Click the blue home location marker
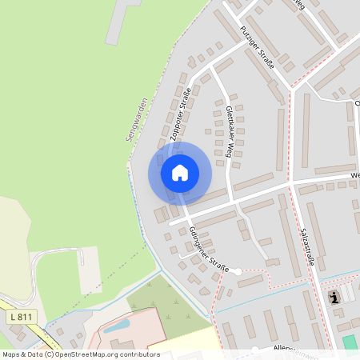click(180, 172)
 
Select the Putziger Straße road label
click(257, 47)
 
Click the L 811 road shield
click(22, 317)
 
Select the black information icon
click(334, 298)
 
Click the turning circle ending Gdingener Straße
click(237, 271)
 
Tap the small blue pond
click(117, 326)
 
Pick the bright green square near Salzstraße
click(350, 342)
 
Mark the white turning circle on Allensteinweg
click(254, 350)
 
